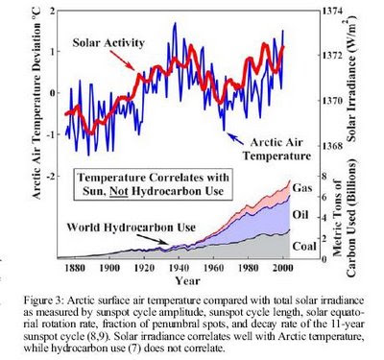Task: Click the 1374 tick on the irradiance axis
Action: (x=333, y=12)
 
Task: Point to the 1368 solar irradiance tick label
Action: (x=333, y=146)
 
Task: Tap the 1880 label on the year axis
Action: (x=75, y=268)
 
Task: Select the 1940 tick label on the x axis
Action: (x=179, y=268)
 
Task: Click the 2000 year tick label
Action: (x=282, y=268)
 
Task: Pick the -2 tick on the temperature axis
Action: (x=50, y=177)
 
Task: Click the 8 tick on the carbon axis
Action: (x=324, y=177)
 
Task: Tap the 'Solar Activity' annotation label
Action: (x=108, y=42)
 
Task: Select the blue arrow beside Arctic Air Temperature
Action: (x=233, y=137)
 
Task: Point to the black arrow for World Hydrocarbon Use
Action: (x=152, y=239)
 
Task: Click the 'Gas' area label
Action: (x=302, y=188)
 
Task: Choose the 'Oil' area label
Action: (x=300, y=214)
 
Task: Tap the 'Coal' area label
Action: (x=304, y=247)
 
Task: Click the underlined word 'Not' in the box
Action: (x=119, y=192)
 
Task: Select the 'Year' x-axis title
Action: (x=187, y=281)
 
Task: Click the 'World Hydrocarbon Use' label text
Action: (x=131, y=228)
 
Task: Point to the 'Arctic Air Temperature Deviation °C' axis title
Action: (x=37, y=103)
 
